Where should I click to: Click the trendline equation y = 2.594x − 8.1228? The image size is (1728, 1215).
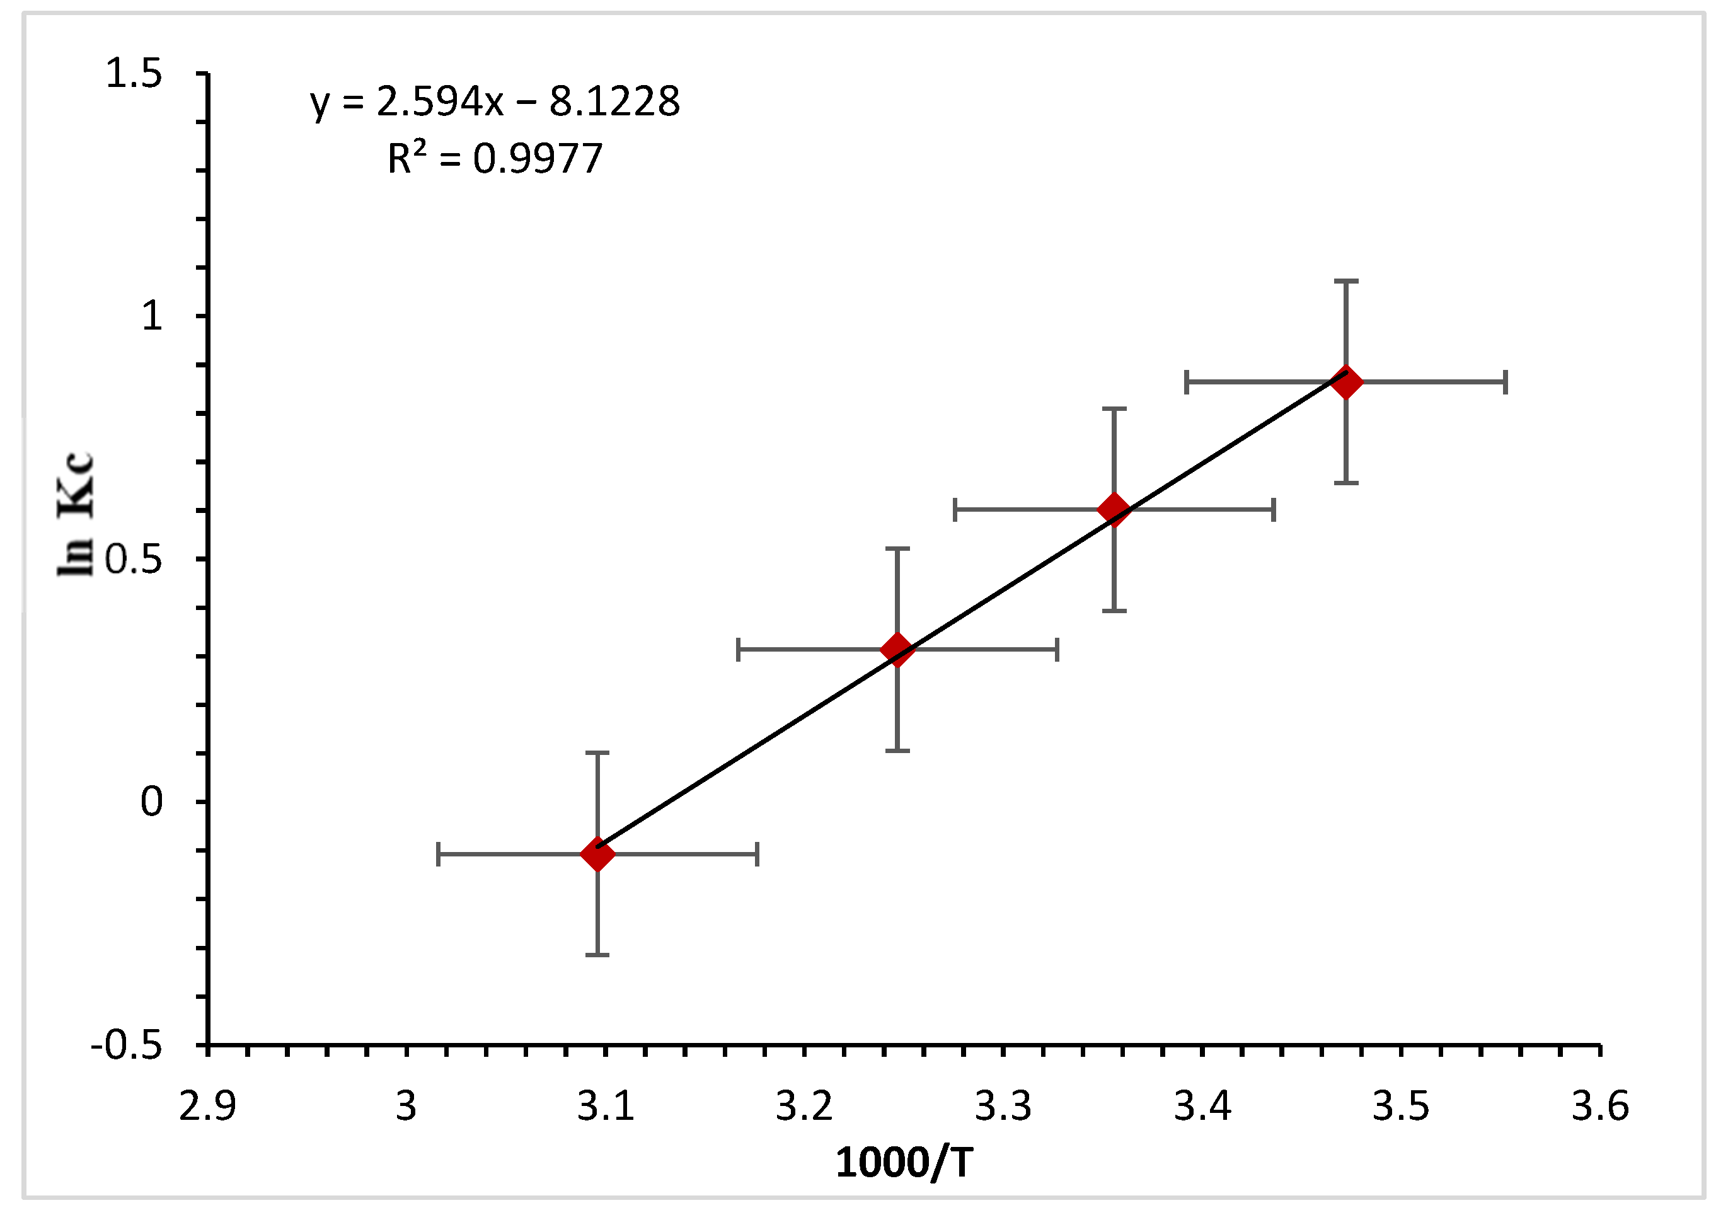[495, 101]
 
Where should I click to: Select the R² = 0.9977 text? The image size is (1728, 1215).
[495, 159]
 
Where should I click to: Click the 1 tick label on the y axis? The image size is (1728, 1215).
[152, 316]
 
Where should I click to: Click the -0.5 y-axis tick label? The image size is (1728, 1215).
[127, 1046]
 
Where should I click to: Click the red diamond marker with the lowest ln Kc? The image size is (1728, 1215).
[597, 855]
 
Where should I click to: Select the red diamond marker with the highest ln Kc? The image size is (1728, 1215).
[1345, 382]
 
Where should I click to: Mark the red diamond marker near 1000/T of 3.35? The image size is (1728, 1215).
[1114, 510]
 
